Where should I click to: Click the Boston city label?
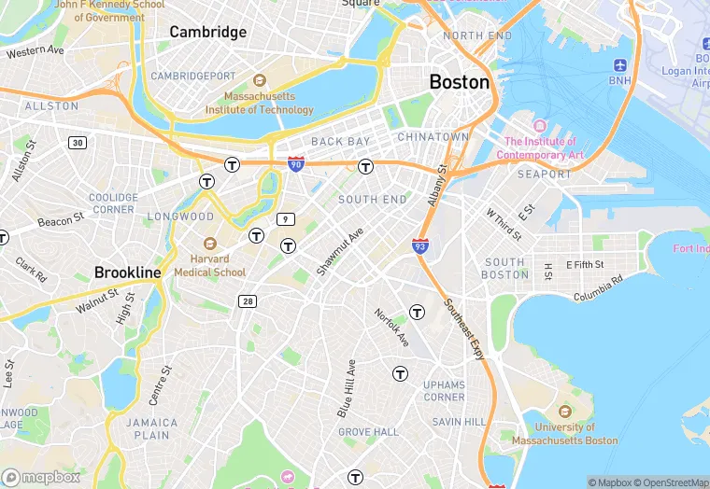[459, 82]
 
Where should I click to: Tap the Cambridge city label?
[207, 32]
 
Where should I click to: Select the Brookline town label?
[128, 272]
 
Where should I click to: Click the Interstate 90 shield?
[295, 164]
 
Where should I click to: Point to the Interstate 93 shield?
[420, 245]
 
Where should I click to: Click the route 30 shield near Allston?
[77, 143]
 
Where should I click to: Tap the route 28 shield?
[248, 300]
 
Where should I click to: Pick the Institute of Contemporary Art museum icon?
[539, 126]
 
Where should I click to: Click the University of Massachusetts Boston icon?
[564, 411]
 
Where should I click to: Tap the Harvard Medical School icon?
[208, 243]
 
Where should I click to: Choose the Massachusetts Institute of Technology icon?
[260, 81]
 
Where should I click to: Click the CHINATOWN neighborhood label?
[433, 136]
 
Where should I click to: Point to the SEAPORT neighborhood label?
[544, 174]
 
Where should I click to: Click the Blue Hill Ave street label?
[345, 387]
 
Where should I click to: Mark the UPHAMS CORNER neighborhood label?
[444, 390]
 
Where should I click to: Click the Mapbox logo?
[41, 477]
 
